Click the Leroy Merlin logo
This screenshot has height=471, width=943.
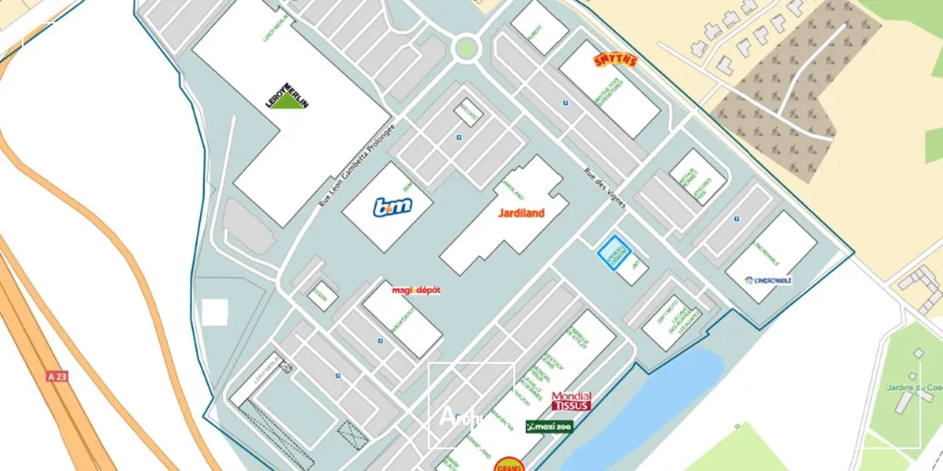pos(288,96)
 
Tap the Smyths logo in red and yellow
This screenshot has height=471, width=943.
pos(616,60)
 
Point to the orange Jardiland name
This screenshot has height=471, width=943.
pos(521,213)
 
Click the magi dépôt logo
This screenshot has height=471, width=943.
pos(416,290)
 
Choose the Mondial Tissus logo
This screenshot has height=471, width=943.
pos(571,401)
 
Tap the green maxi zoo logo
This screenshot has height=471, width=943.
pos(549,427)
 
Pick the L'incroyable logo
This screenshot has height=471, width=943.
pos(768,280)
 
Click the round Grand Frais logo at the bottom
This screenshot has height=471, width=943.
pos(509,465)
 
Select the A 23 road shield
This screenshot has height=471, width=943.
pos(58,376)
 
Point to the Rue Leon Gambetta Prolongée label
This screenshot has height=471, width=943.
pos(357,165)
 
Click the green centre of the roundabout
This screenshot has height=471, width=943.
pos(466,47)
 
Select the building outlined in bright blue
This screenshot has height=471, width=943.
pos(613,252)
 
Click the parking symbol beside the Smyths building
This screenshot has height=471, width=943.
pos(566,103)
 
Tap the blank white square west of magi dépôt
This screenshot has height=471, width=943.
pos(215,312)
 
